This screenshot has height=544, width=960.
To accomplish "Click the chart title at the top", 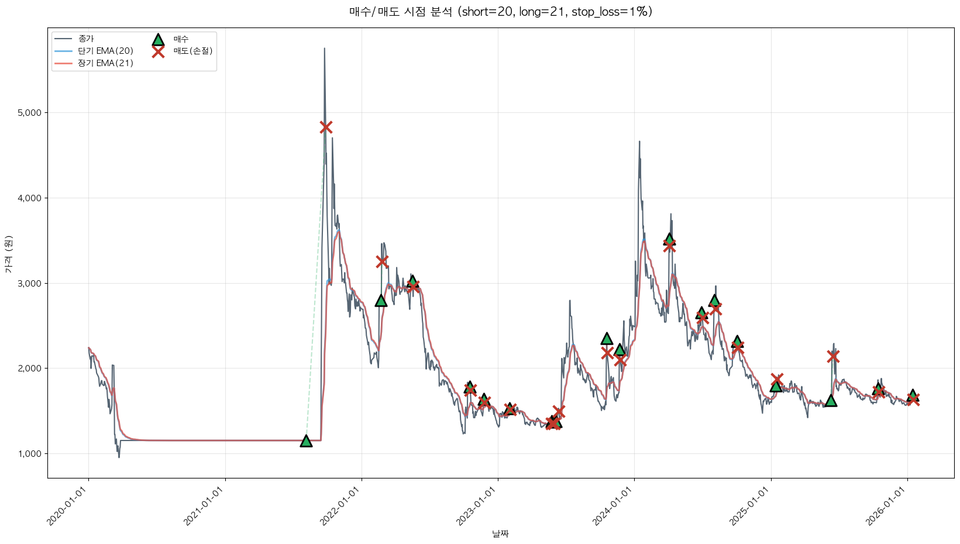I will tap(500, 12).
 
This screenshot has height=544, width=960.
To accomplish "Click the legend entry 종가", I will tap(85, 39).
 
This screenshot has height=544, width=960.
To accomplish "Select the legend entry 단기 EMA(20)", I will tap(105, 51).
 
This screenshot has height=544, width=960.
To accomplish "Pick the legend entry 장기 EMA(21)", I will tap(105, 63).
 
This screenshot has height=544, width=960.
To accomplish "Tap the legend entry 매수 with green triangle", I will tap(181, 39).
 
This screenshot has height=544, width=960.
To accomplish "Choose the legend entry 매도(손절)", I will tap(192, 51).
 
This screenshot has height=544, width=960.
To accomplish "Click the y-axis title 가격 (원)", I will tap(8, 254).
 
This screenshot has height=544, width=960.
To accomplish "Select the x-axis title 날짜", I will tap(500, 533).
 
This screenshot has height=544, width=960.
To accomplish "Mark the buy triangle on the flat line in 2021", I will tap(306, 441).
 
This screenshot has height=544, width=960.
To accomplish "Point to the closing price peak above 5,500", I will tap(325, 49).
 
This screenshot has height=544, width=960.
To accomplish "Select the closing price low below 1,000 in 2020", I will tap(119, 456).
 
